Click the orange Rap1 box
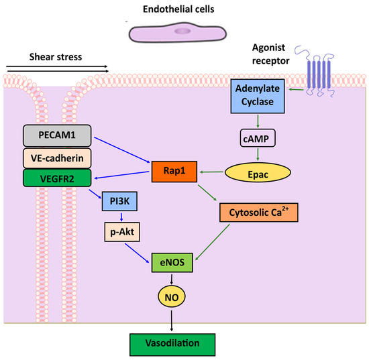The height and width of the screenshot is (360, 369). coord(173,172)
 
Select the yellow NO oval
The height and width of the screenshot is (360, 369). coord(174,296)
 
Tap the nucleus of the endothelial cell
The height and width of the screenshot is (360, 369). coord(182,31)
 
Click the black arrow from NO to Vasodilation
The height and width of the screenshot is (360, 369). coord(174,319)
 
